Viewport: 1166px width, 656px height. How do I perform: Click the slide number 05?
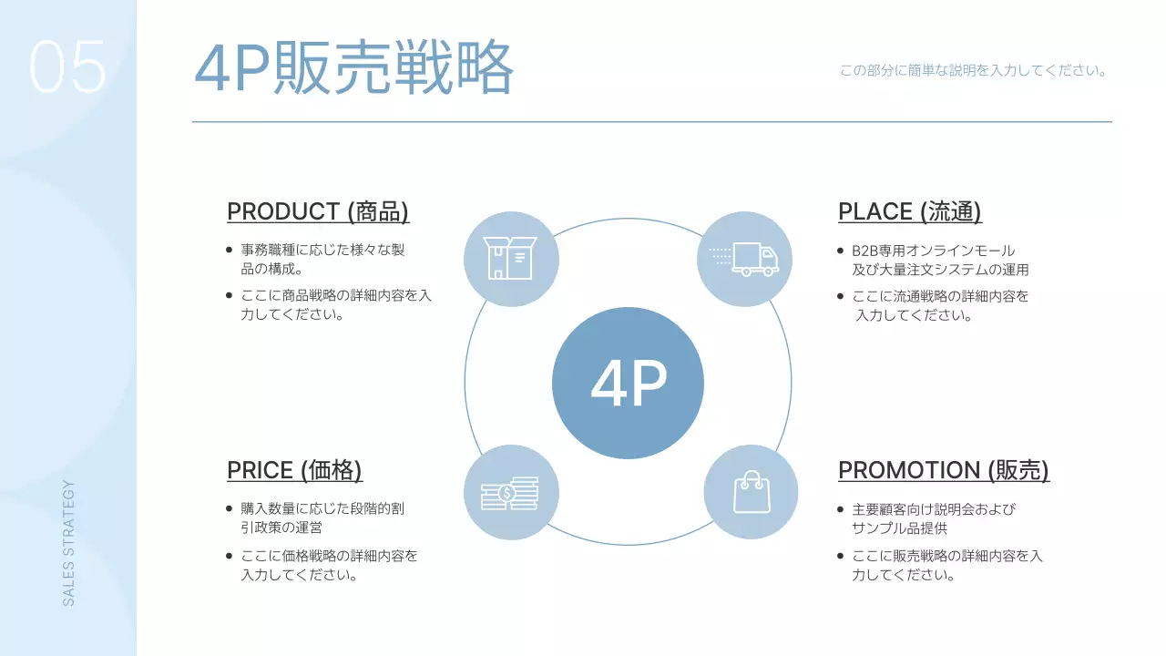[67, 67]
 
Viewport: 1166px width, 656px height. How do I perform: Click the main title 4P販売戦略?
[354, 69]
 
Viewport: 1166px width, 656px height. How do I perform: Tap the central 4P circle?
[628, 383]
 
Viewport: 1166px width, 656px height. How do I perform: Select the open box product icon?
[511, 259]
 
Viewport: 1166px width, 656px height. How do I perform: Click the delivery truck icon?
[744, 259]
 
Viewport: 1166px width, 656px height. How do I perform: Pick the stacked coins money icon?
[511, 493]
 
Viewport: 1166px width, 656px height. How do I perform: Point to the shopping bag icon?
[751, 492]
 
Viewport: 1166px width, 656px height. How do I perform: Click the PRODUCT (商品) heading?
[318, 211]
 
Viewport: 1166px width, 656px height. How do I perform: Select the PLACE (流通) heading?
[909, 211]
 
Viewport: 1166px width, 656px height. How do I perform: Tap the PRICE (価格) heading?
[294, 470]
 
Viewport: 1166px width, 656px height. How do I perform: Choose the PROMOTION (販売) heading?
[943, 470]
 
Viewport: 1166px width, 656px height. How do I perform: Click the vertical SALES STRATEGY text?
[69, 543]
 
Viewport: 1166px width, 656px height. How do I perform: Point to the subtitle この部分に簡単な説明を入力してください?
[973, 70]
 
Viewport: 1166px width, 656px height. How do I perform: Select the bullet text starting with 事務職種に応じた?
[322, 260]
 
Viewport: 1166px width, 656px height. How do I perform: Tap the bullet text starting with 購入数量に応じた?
[322, 518]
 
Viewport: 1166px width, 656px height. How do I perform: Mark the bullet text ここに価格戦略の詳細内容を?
[329, 565]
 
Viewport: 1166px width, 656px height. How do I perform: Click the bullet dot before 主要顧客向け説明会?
[841, 509]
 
